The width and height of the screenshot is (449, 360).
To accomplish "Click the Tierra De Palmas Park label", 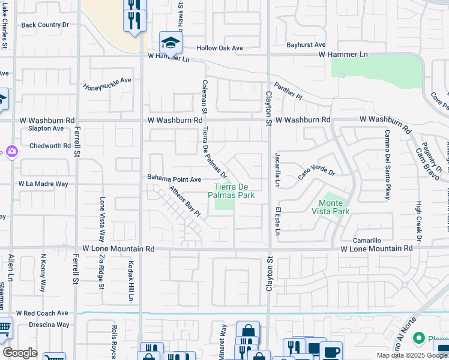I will click(x=232, y=190).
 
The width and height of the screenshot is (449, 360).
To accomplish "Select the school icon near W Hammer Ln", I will click(x=170, y=43).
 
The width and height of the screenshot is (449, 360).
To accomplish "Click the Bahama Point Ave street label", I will click(x=175, y=179).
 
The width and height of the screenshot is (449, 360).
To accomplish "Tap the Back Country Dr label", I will click(x=45, y=25).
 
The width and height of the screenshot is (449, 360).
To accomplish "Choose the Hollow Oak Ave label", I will click(x=220, y=48).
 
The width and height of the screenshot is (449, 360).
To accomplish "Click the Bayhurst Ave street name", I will click(x=306, y=45).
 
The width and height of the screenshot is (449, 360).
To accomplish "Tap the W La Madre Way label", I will click(x=43, y=184).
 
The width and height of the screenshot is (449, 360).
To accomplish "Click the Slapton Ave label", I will click(x=45, y=128).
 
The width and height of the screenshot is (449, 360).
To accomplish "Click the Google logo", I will click(x=20, y=353).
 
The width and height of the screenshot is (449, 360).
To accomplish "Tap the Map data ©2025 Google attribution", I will click(x=411, y=355).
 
